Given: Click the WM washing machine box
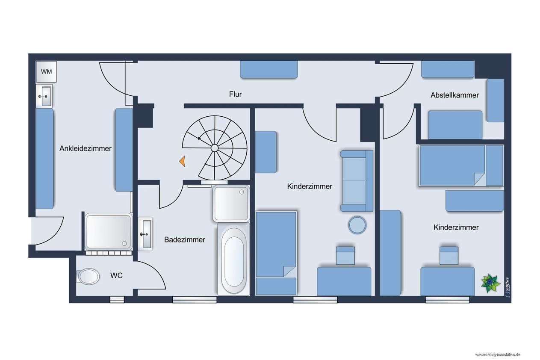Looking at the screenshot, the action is pos(46,71).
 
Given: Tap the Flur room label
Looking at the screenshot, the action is pos(235,94).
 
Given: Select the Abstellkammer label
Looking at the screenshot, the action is pos(454,95).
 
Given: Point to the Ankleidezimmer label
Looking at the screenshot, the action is pos(86,148).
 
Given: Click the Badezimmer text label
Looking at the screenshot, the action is pos(185,239).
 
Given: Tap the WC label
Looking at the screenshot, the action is pos(116,275).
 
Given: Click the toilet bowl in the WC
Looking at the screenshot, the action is pos(88,276).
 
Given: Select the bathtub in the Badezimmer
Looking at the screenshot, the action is pos(233,259).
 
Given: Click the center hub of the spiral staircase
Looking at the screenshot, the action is pos(215,148).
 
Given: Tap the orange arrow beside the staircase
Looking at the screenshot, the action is pos(183,161).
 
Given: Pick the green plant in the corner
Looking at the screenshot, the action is pos(490,283).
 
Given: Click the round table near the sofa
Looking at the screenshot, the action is pos(357,225).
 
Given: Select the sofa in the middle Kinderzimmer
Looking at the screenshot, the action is pos(357,181).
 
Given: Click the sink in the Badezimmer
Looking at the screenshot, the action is pos(145,234).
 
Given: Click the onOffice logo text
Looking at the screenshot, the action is pos(508,287).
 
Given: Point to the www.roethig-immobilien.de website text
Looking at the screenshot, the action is pos(498,354).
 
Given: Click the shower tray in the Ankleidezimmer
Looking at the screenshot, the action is pos(109,232).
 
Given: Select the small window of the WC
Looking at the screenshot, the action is pos(117,299).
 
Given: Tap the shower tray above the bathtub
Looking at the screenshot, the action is pos(231,204).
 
